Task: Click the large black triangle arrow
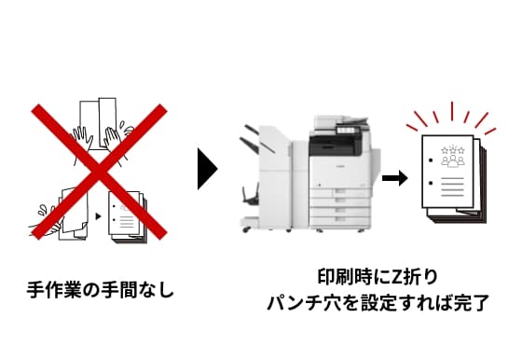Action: point(206,169)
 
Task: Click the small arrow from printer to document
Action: point(395,178)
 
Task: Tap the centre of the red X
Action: point(99,172)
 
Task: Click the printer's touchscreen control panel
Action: point(346,131)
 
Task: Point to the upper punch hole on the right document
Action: point(431,160)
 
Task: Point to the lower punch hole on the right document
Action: point(431,183)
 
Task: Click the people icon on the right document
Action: point(453,160)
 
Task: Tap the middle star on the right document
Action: point(453,149)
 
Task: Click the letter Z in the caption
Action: point(397,277)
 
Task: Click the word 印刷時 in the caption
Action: point(345,277)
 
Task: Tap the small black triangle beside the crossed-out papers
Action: point(98,216)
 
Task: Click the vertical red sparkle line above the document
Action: point(452,111)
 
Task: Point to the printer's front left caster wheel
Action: point(246,229)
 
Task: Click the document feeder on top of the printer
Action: point(341,121)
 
